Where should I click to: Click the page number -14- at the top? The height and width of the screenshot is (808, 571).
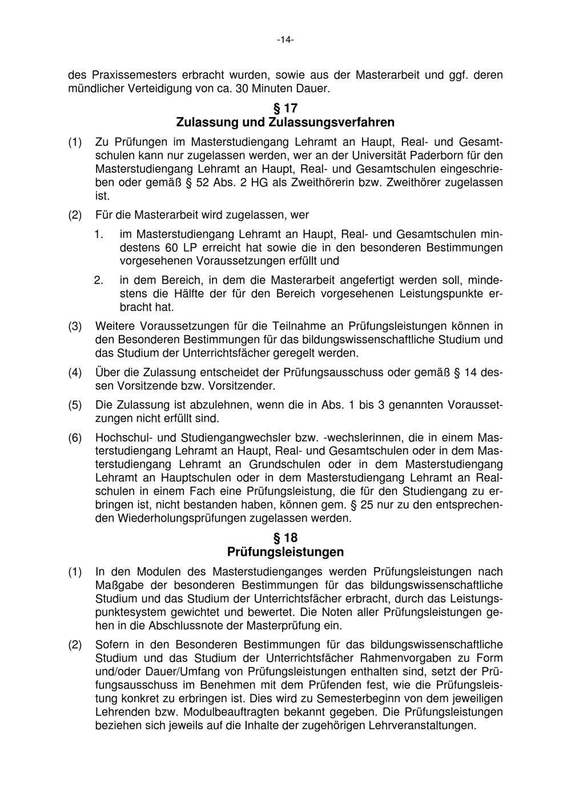(285, 40)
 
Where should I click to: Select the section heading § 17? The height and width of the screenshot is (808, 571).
(285, 108)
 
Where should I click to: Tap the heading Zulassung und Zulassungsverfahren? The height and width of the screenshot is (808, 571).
(285, 122)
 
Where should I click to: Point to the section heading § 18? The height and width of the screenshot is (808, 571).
(285, 538)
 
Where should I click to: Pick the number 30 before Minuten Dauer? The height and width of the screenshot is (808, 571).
(228, 89)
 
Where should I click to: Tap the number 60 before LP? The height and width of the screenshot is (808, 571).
(171, 247)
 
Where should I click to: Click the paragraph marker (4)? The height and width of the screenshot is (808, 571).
(75, 373)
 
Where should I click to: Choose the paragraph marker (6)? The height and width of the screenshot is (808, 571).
(75, 438)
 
